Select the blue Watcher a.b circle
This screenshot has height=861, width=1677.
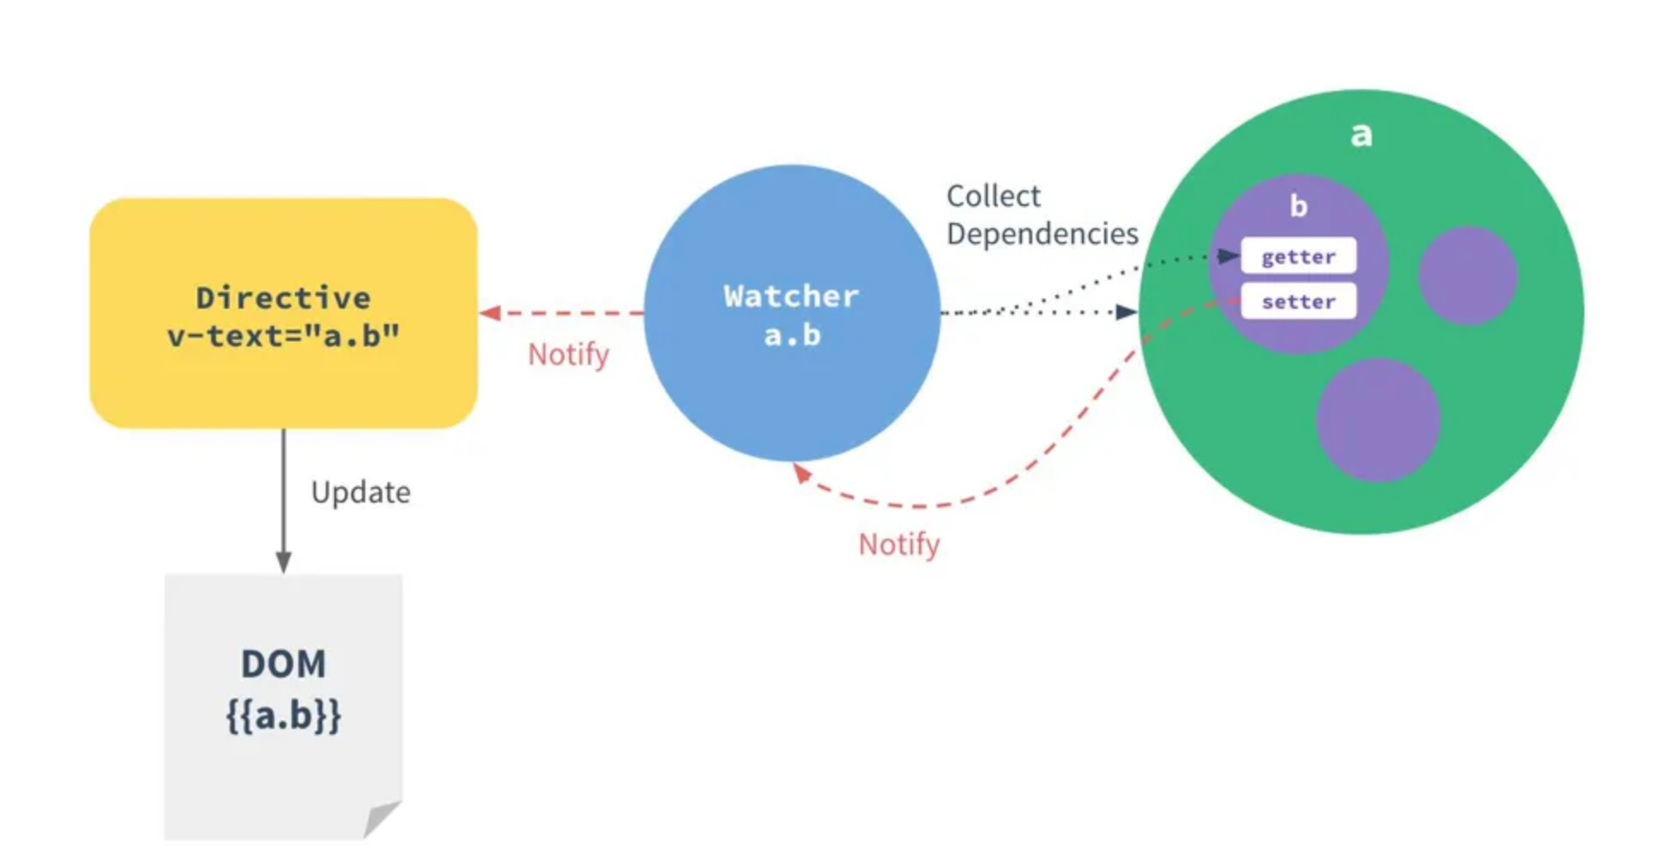pos(790,394)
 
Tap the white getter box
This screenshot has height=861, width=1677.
pos(1298,256)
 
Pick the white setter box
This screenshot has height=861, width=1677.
pos(1298,302)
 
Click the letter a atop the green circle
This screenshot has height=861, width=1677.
pos(1361,135)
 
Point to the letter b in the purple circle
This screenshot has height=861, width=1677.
pos(1298,207)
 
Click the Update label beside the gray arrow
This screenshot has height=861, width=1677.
pos(360,492)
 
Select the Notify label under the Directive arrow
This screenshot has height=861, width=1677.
pos(568,354)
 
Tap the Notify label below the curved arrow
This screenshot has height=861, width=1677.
pos(899,545)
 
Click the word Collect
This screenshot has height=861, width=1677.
pos(993,196)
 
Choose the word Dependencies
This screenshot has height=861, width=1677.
pos(1042,234)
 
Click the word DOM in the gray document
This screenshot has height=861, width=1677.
pos(283,664)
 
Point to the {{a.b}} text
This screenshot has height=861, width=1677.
pos(283,715)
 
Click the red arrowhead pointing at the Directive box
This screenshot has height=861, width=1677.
pos(490,313)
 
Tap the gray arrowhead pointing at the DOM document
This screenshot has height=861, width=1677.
pos(283,562)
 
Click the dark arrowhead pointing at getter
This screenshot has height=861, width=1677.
pos(1228,256)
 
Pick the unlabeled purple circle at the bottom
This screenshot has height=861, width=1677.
pos(1377,420)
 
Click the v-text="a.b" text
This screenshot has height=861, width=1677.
pos(283,336)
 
